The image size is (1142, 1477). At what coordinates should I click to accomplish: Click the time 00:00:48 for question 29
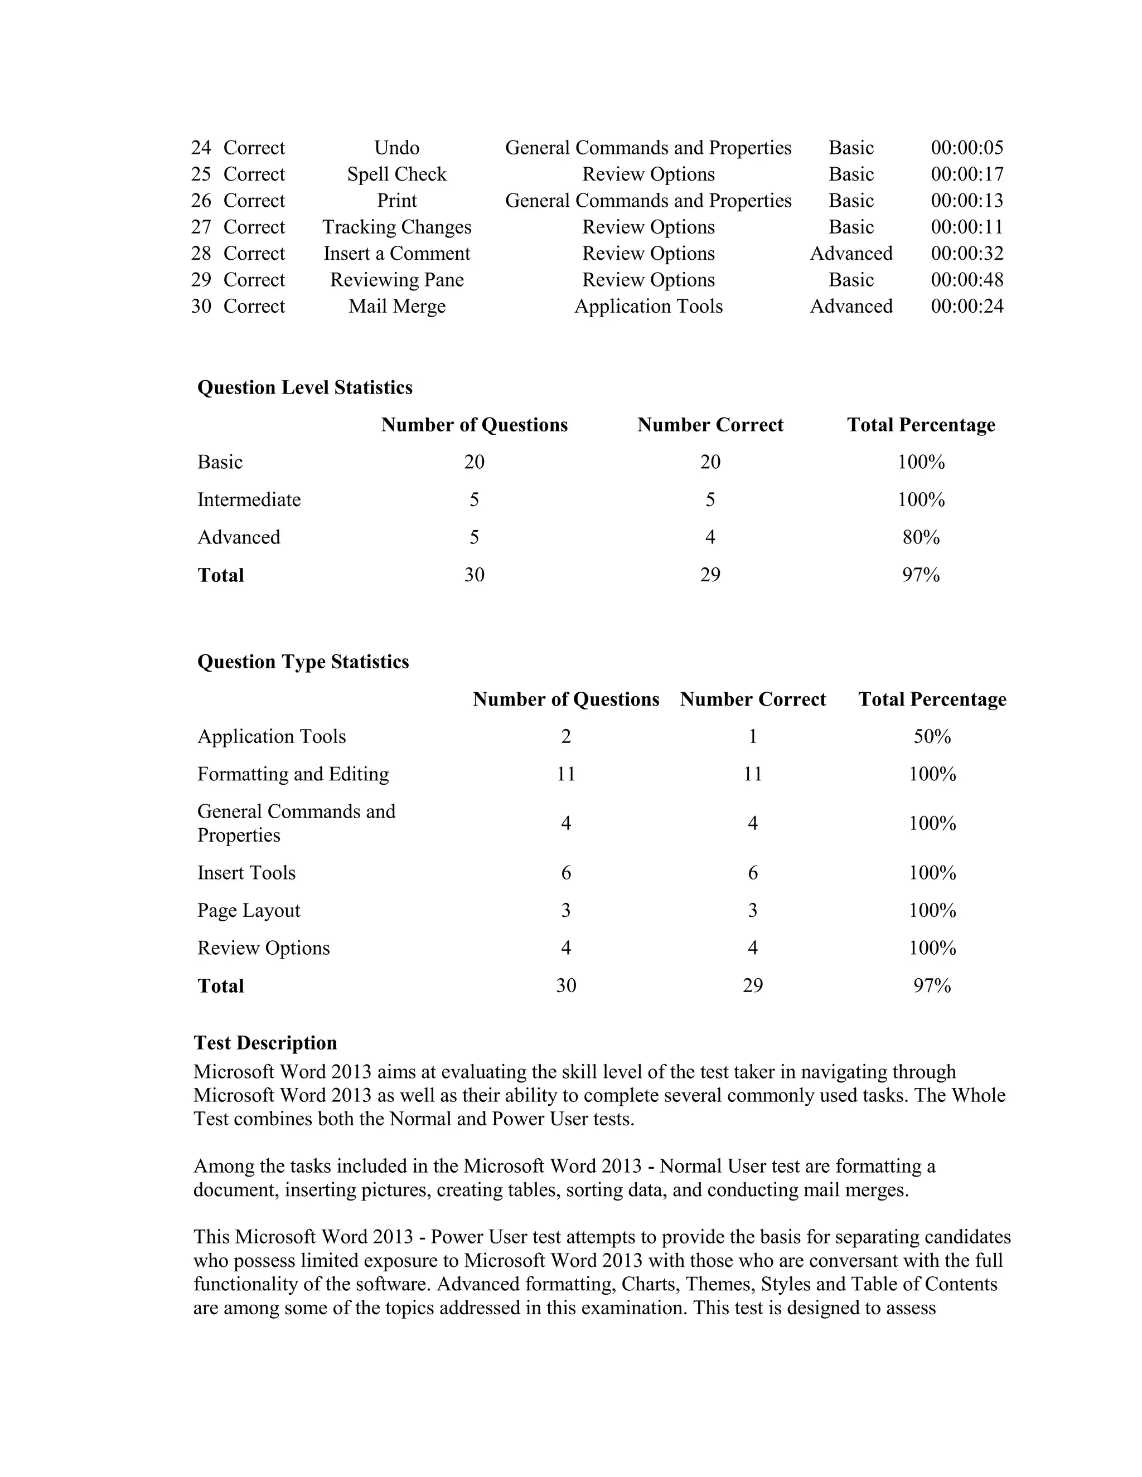coord(967,279)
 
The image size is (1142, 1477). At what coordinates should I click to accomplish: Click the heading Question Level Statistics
coord(304,387)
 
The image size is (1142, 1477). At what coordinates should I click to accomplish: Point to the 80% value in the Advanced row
coord(921,537)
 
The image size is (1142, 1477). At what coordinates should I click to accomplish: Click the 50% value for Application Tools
coord(932,736)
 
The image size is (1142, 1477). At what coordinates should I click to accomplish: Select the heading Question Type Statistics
coord(303,662)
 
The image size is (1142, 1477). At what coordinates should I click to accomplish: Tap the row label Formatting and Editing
coord(293,774)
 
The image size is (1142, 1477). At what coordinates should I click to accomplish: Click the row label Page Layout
coord(248,910)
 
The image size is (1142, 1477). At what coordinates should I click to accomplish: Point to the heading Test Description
coord(265,1042)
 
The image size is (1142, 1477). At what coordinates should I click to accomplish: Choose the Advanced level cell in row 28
coord(851,253)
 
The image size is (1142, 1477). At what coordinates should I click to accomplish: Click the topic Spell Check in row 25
coord(396,174)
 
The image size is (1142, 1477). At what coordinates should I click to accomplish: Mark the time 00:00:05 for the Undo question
coord(967,148)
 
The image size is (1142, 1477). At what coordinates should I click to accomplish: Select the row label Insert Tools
coord(246,872)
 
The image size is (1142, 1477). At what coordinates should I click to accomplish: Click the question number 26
coord(201,200)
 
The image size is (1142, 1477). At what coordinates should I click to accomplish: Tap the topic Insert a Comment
coord(396,253)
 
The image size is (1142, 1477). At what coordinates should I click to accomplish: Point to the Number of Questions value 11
coord(565,774)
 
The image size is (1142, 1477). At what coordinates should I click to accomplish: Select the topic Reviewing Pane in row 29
coord(396,279)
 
